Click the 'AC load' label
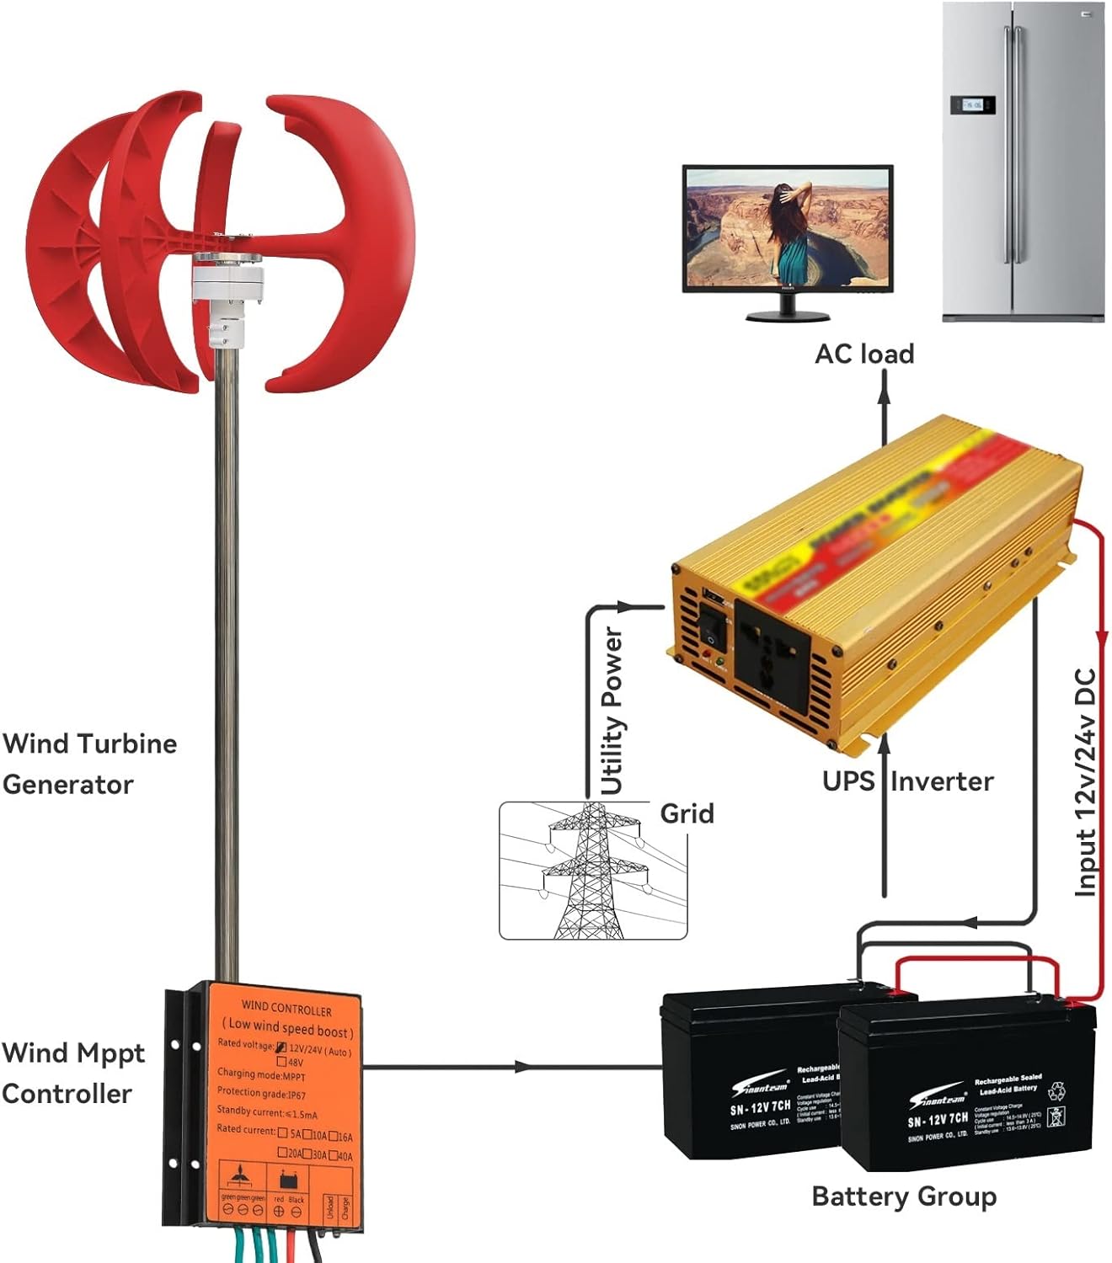pos(864,354)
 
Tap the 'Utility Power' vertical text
pos(612,711)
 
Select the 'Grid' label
pos(687,813)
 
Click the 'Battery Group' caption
pos(904,1196)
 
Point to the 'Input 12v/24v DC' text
pos(1086,782)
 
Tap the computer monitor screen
pos(787,227)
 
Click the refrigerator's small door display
pos(972,104)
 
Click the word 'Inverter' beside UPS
pos(942,781)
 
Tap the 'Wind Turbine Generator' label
pos(89,764)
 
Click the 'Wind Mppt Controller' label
pos(72,1074)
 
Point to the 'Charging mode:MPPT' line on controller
pos(261,1074)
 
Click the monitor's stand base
pos(788,316)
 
